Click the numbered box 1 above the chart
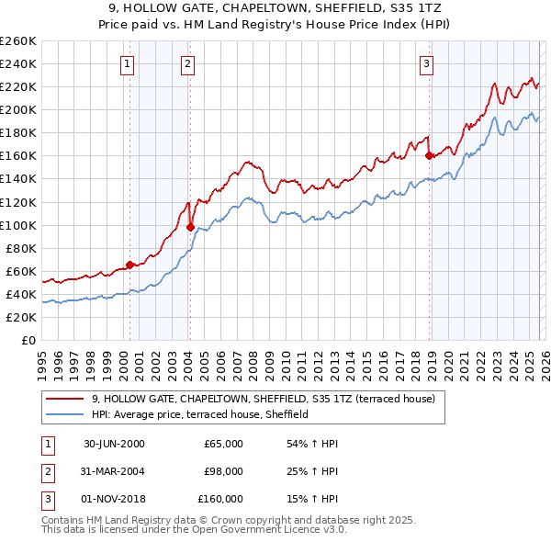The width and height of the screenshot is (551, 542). pos(126,63)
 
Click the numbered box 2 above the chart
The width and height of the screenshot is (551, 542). pos(187,63)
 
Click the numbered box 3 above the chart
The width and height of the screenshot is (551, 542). pos(427,63)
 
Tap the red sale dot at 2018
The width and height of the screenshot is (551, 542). pos(429,155)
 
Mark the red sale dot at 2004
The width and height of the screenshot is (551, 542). pos(190,227)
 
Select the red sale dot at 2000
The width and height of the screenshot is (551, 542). pos(129,265)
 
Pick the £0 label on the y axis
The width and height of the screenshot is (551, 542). pos(27,340)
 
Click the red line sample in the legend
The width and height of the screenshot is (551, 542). pos(64,399)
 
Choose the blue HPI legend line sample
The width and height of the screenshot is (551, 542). pos(64,414)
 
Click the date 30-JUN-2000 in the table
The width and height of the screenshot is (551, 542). pos(114,444)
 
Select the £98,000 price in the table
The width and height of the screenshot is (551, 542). pos(223,471)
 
